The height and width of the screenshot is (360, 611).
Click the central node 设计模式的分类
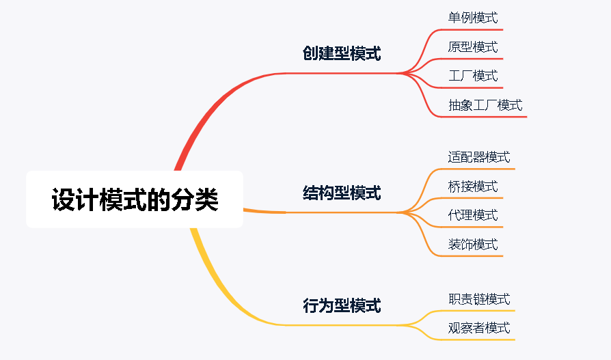135,199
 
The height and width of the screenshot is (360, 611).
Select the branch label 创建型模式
341,54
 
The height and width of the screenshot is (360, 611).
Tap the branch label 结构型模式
341,193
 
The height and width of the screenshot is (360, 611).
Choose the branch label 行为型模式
341,305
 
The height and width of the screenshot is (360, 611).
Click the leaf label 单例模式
472,18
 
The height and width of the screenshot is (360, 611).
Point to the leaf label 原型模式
472,47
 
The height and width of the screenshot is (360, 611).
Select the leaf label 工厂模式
472,76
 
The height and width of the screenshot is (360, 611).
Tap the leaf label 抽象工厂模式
485,105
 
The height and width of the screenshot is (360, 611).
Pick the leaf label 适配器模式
478,157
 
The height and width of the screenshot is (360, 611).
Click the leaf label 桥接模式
472,186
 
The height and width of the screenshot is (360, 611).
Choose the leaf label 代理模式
472,215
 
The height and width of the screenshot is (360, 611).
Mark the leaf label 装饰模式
472,245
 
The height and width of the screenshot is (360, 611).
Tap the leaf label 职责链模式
478,299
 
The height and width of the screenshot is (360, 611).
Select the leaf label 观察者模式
478,328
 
